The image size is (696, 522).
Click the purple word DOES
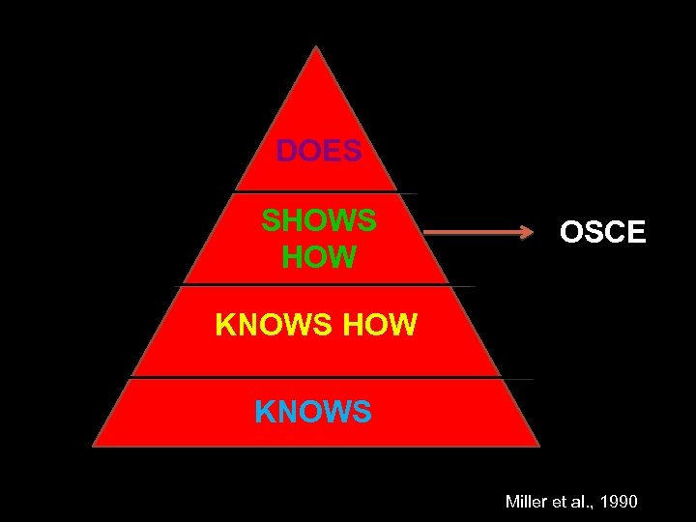click(x=319, y=152)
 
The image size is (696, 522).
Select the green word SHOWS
click(x=319, y=220)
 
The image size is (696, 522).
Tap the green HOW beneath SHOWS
click(x=319, y=257)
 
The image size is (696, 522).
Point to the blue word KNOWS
click(x=313, y=413)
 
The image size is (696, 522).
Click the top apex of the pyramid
click(x=316, y=47)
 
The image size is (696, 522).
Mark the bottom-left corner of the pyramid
click(x=94, y=446)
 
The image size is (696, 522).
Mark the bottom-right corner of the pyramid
click(x=538, y=446)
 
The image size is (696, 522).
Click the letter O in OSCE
click(x=572, y=233)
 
